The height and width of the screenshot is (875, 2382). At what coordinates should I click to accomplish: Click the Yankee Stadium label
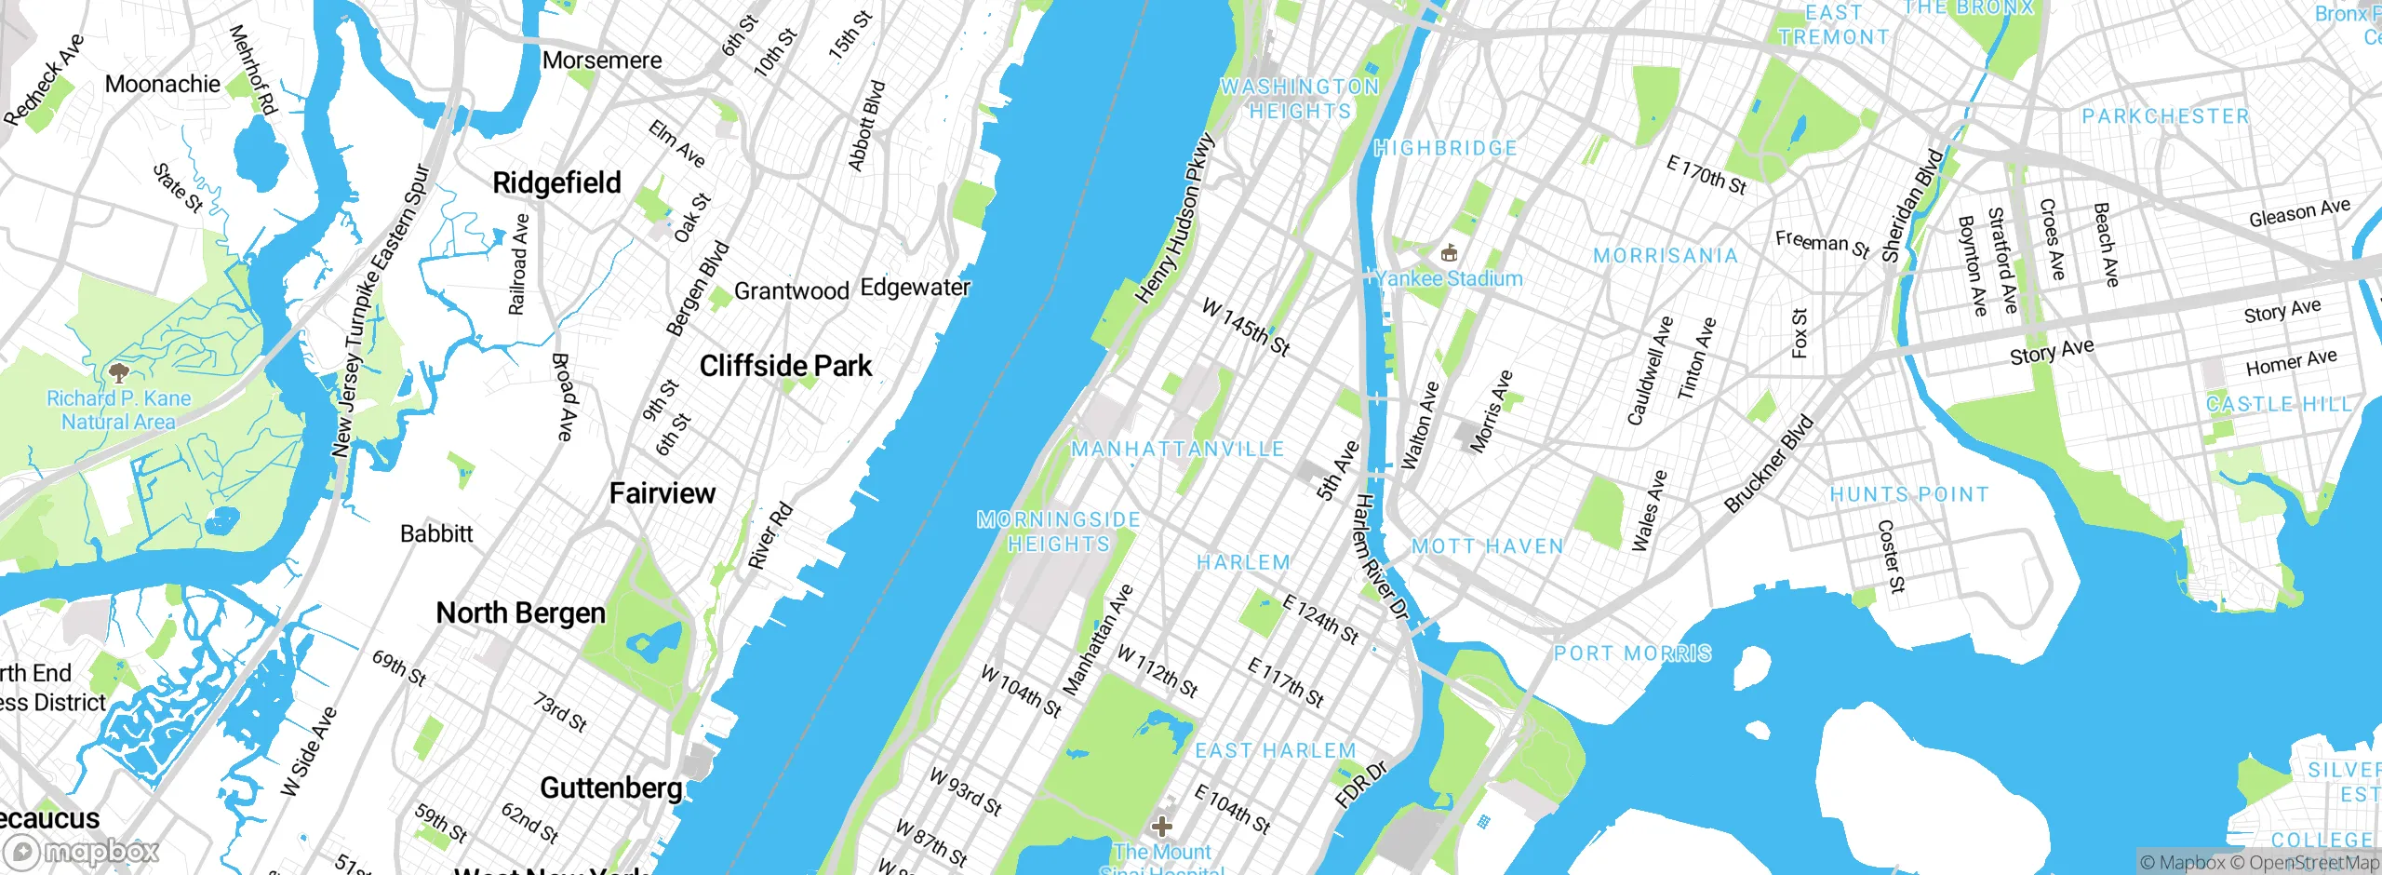tap(1449, 278)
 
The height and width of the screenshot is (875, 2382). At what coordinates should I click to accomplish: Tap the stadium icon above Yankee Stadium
tap(1448, 252)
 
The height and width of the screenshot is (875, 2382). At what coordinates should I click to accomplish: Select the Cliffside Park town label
tap(785, 366)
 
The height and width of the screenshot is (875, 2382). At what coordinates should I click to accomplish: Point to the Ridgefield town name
tap(556, 182)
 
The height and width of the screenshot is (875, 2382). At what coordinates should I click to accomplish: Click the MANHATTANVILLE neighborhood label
tap(1177, 449)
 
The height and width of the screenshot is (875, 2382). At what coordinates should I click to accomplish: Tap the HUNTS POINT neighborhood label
tap(1909, 494)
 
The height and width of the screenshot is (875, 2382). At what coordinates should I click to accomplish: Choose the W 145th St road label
tap(1246, 327)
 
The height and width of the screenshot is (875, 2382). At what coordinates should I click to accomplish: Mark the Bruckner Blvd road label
tap(1769, 464)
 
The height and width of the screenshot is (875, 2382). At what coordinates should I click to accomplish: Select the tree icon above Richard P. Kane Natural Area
tap(118, 373)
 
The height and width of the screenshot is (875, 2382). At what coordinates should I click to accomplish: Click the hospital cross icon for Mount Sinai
tap(1161, 826)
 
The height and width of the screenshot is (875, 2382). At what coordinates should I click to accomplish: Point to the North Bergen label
tap(520, 613)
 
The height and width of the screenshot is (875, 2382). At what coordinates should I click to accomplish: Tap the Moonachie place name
tap(163, 84)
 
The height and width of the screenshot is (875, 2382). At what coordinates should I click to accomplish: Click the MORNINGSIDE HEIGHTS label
tap(1059, 532)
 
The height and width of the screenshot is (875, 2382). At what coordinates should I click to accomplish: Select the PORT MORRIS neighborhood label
tap(1632, 653)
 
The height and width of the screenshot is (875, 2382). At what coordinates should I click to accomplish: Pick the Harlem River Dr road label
tap(1380, 557)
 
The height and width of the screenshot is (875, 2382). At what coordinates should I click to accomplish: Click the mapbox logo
tap(82, 851)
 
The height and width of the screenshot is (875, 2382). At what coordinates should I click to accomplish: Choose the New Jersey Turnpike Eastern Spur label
tap(381, 312)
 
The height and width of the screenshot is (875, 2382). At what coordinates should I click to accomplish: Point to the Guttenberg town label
tap(611, 788)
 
